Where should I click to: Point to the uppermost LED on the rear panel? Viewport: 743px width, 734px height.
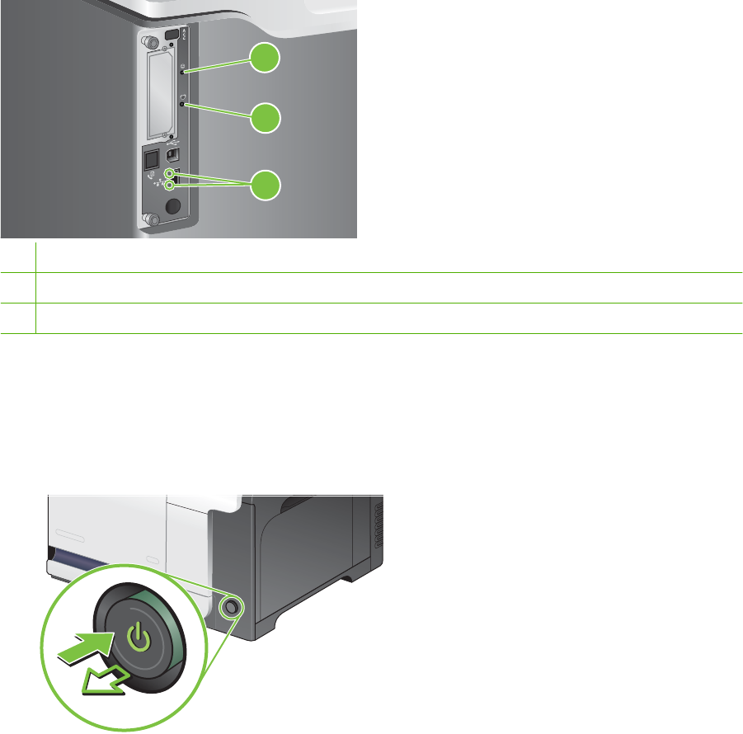[x=181, y=72]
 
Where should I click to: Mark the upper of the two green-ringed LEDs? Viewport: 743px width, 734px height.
[x=172, y=175]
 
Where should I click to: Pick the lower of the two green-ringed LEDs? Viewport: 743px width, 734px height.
[x=172, y=186]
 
